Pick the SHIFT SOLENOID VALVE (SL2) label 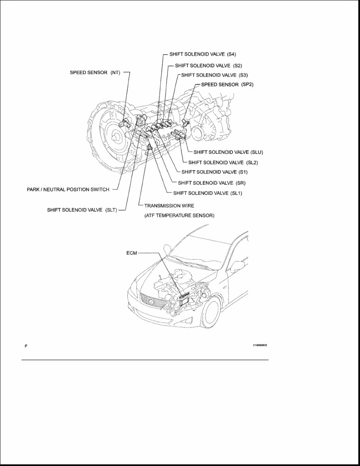click(x=223, y=162)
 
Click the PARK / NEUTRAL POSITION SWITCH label click(x=68, y=189)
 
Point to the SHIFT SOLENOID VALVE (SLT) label click(x=82, y=210)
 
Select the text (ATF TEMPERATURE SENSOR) click(x=179, y=216)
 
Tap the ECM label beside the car click(x=131, y=253)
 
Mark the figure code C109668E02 click(x=260, y=345)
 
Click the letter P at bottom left click(x=26, y=346)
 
